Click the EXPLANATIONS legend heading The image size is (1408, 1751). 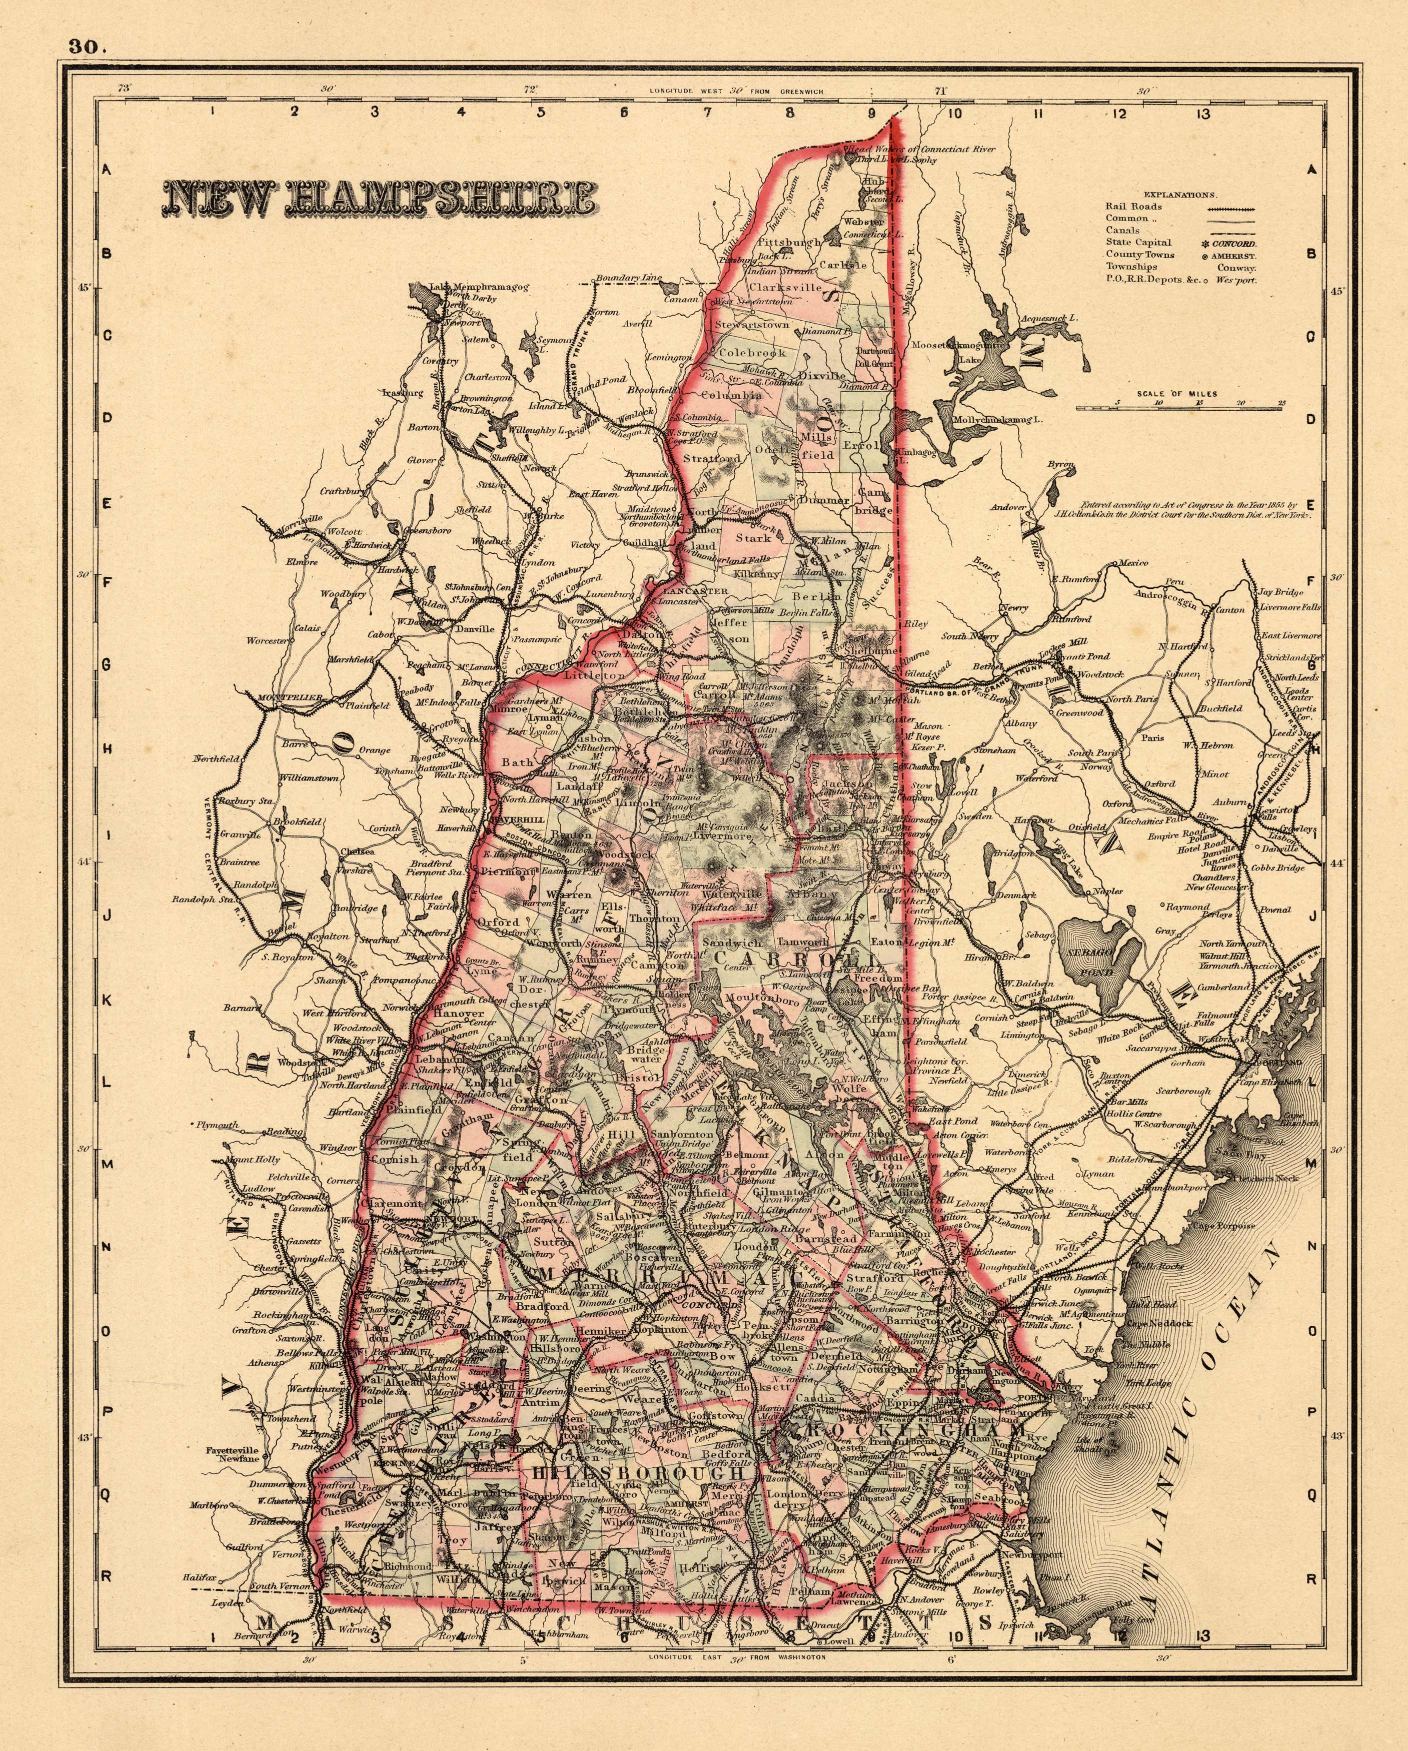1180,195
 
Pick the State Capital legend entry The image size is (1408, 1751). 1137,242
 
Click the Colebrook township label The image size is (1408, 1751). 752,353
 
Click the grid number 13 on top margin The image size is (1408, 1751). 1202,114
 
